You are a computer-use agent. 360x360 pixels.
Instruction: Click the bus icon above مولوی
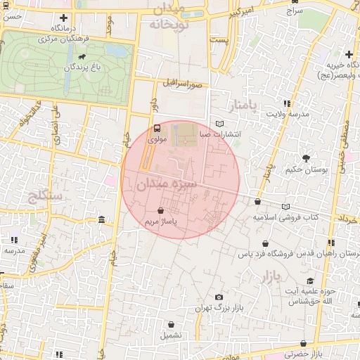[x=157, y=129]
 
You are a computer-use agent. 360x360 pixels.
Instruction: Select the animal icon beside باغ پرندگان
[x=84, y=56]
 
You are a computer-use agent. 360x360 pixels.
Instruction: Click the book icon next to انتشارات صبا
[x=219, y=124]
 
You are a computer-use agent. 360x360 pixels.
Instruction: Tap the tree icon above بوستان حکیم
[x=305, y=158]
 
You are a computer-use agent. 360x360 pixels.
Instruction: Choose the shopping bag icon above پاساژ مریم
[x=161, y=210]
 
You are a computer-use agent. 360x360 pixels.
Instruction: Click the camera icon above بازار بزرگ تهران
[x=218, y=297]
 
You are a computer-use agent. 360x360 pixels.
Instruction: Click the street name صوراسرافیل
[x=184, y=84]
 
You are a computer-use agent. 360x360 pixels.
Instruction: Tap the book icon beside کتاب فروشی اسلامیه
[x=285, y=206]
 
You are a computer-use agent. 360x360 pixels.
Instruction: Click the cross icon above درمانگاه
[x=65, y=18]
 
